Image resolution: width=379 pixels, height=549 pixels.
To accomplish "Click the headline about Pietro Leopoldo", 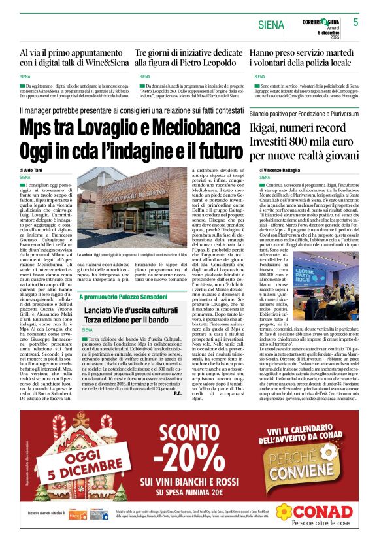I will coord(188,57).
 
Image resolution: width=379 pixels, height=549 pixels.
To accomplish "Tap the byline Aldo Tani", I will coord(33,170).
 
